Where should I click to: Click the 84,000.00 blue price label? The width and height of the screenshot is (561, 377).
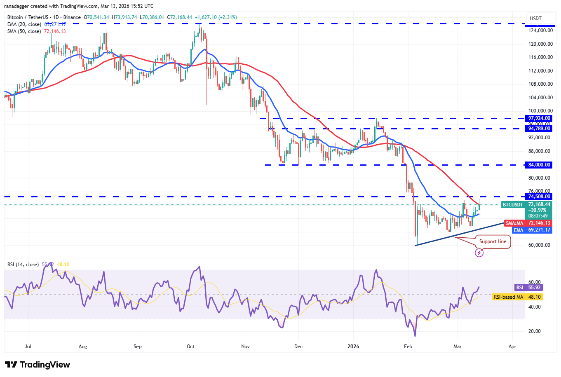(539, 165)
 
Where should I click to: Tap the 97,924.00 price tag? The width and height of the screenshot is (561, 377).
(539, 118)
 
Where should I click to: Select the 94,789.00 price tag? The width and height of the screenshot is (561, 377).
(539, 129)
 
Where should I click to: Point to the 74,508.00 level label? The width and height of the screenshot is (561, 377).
(539, 197)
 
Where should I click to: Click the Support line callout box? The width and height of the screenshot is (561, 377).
(493, 241)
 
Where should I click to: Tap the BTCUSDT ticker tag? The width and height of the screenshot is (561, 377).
(513, 205)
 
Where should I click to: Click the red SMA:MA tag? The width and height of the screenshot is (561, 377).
(514, 223)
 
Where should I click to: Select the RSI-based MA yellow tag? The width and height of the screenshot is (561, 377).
(508, 297)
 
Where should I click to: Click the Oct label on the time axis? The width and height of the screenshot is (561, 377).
(190, 347)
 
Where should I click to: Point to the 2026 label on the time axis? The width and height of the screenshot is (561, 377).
(353, 347)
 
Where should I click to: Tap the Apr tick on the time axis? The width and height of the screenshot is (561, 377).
(512, 347)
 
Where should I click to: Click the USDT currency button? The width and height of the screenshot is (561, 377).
(536, 19)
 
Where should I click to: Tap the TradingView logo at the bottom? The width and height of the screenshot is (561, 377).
(38, 365)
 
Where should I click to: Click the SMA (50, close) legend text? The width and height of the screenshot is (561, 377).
(24, 31)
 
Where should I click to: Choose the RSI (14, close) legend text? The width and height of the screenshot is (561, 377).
(23, 265)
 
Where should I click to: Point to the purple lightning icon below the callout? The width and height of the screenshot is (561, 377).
(479, 253)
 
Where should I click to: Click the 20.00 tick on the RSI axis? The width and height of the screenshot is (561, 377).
(535, 331)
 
